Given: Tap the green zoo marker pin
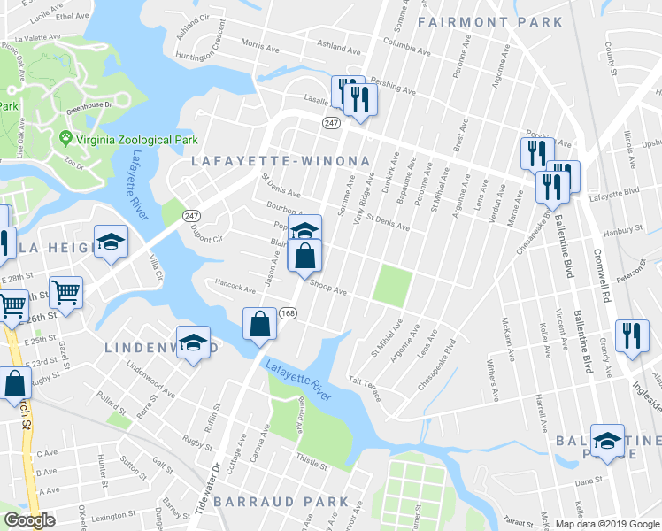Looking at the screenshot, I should pyautogui.click(x=65, y=139).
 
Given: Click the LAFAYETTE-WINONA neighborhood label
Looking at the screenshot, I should pyautogui.click(x=281, y=161).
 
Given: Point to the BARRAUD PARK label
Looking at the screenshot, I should pyautogui.click(x=287, y=502).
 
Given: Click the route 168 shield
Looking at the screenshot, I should pyautogui.click(x=289, y=314).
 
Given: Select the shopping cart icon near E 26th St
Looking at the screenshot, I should pyautogui.click(x=66, y=291).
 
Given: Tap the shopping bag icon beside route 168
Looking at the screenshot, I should pyautogui.click(x=261, y=323).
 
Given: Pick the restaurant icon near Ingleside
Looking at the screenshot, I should pyautogui.click(x=631, y=335).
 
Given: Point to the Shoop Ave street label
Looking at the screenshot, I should pyautogui.click(x=327, y=288).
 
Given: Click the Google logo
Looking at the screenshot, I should pyautogui.click(x=29, y=521).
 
